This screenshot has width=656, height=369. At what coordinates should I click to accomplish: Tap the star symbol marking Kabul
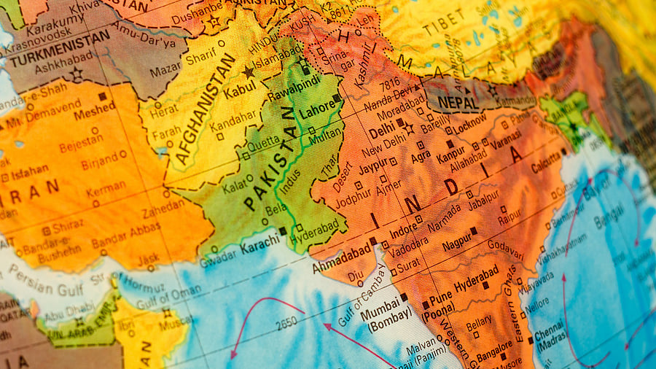pos(249,71)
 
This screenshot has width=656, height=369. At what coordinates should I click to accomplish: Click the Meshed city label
pos(93,109)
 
